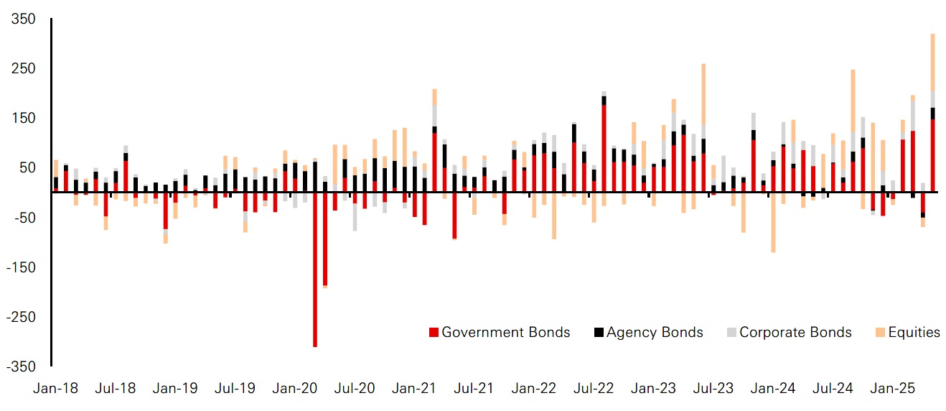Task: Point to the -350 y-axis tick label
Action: [22, 366]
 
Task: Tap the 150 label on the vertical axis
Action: [24, 118]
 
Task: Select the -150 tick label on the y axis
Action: [22, 267]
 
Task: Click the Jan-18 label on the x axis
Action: [56, 389]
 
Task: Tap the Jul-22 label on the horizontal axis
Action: [594, 389]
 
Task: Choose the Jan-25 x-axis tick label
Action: [892, 389]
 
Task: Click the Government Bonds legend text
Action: [505, 332]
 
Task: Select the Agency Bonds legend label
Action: [655, 332]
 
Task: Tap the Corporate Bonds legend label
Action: [795, 332]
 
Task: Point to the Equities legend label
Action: [914, 332]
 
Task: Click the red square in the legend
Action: [433, 333]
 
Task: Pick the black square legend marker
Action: [598, 333]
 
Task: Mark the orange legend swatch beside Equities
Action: [879, 333]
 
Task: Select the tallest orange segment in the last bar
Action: [932, 62]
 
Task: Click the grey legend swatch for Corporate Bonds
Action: [731, 333]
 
